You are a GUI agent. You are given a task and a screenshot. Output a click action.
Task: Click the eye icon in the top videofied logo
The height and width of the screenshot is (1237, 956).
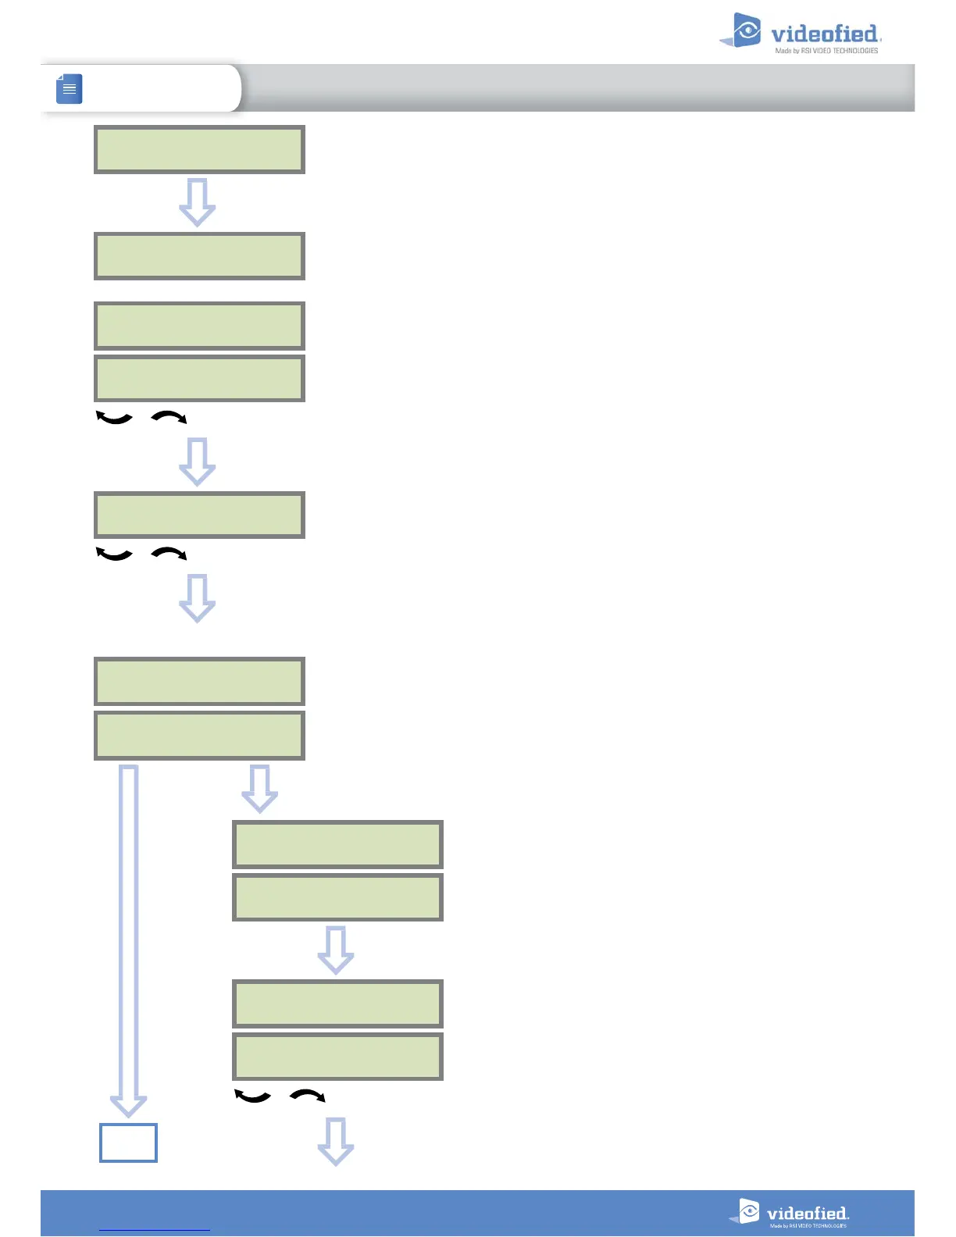[x=747, y=30]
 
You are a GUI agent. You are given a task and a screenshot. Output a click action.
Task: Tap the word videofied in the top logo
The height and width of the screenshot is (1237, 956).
[x=824, y=34]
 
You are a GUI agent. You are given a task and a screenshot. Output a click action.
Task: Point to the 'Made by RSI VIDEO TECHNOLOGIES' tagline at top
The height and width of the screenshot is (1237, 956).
[x=826, y=51]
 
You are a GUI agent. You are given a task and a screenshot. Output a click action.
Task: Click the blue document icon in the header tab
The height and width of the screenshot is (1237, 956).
[x=70, y=88]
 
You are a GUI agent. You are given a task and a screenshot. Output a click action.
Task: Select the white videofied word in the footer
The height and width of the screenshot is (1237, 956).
[x=807, y=1214]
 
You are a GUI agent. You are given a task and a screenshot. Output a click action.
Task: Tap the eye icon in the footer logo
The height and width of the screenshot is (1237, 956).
[x=749, y=1211]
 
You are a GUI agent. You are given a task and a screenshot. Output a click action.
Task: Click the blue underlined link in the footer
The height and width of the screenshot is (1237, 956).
[x=155, y=1229]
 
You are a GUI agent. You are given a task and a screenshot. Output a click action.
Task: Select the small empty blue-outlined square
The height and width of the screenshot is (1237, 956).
[x=128, y=1143]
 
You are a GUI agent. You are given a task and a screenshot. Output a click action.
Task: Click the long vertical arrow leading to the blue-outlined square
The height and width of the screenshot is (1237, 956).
[x=128, y=937]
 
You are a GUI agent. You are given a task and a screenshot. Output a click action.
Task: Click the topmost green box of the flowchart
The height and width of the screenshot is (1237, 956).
[x=199, y=149]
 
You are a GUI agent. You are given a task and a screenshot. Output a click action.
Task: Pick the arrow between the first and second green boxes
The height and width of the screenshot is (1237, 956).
[x=198, y=202]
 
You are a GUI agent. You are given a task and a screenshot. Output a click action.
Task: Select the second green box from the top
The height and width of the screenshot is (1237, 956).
[x=199, y=256]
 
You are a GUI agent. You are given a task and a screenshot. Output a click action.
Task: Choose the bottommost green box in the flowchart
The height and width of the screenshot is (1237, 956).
[x=337, y=1057]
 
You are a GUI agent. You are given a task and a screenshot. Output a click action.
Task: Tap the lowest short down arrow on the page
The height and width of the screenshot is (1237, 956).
[x=336, y=1142]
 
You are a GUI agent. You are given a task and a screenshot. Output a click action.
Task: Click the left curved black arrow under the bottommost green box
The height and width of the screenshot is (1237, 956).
[x=252, y=1096]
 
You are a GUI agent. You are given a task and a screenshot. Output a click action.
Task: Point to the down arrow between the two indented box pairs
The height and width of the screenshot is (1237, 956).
[x=336, y=950]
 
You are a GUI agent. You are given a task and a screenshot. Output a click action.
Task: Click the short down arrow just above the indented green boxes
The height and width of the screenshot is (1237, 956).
[x=260, y=789]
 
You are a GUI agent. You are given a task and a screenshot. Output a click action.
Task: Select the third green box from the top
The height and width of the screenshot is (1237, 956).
[x=199, y=326]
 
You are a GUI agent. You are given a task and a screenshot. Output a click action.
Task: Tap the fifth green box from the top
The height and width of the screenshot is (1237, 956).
[x=199, y=515]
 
